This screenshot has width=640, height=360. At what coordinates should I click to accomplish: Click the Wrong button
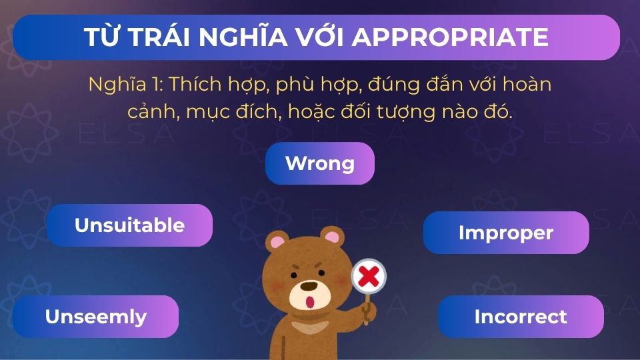[x=320, y=163]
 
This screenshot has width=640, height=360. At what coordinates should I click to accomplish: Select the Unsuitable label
[x=129, y=225]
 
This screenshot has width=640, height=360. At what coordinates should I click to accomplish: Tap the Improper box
[x=506, y=233]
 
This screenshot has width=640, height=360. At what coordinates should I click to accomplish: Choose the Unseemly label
[x=96, y=317]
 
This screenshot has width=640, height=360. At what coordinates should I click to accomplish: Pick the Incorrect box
[x=521, y=317]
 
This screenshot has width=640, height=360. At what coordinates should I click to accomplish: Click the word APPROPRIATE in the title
[x=450, y=37]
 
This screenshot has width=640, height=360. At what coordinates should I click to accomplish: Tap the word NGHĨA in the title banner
[x=246, y=37]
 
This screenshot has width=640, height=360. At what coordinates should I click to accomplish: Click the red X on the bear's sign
[x=369, y=275]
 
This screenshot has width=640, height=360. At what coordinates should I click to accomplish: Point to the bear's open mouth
[x=309, y=301]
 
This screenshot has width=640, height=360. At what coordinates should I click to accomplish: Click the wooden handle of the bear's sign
[x=367, y=308]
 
